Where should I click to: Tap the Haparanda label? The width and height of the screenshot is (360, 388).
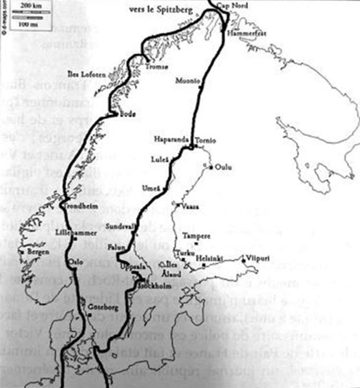tap(169, 140)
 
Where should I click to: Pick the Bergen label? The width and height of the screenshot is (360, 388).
tap(36, 251)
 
